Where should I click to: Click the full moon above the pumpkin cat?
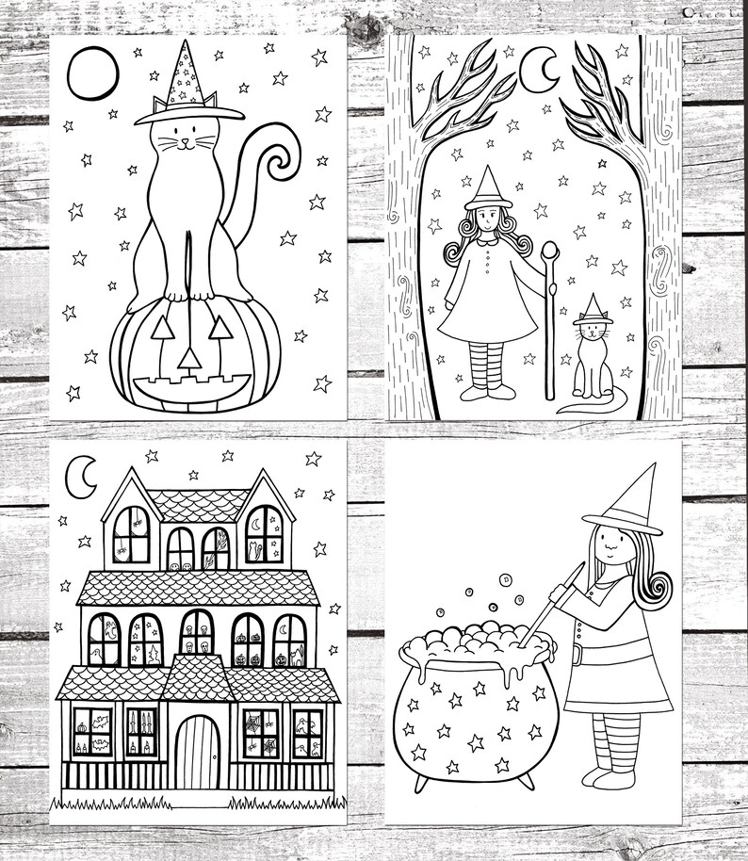pos(92,73)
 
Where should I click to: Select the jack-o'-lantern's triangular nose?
pos(189,358)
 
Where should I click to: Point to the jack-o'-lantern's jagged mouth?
pos(191,387)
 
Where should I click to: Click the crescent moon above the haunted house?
pos(83,478)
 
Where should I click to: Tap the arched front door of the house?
pos(198,751)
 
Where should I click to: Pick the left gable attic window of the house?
pos(131,534)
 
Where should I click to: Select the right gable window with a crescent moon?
pos(264,534)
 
